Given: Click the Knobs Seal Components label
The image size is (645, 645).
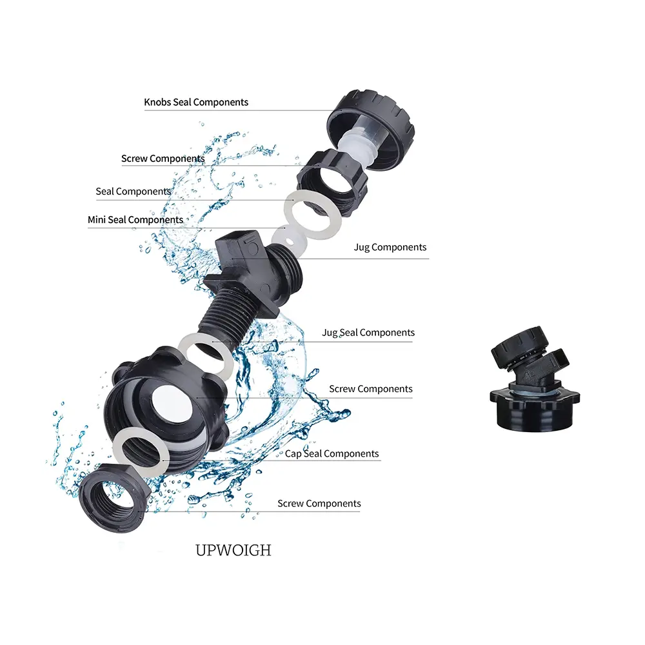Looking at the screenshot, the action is tap(196, 103).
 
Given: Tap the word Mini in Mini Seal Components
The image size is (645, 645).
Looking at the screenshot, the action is tap(97, 220).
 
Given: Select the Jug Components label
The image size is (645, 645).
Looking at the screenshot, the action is tap(390, 247).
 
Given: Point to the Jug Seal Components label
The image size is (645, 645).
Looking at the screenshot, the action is tap(368, 333).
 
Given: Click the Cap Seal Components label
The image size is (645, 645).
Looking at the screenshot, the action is tap(332, 453).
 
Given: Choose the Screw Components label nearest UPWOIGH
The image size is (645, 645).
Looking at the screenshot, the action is tap(319, 504).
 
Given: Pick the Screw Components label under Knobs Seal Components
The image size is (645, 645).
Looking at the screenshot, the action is tap(163, 159).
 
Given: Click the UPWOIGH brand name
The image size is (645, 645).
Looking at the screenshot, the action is tap(233, 550).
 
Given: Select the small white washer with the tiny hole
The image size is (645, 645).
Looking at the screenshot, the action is tap(290, 241).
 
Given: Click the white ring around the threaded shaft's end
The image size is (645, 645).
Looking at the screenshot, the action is tap(204, 355).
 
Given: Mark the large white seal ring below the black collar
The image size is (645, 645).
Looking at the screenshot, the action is tap(313, 215).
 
